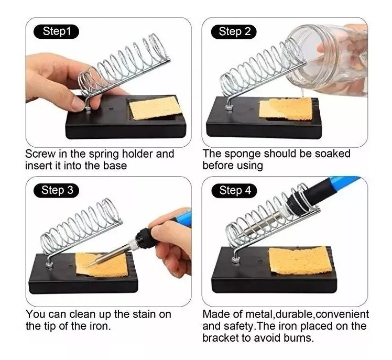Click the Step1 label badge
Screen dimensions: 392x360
[x=56, y=32]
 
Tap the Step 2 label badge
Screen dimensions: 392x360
[x=234, y=32]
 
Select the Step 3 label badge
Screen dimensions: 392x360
[x=56, y=191]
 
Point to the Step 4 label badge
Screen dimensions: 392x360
[x=234, y=191]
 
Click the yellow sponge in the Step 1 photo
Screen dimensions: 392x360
[x=156, y=108]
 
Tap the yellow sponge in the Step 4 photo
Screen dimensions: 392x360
[x=300, y=260]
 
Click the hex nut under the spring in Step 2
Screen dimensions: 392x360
[x=228, y=108]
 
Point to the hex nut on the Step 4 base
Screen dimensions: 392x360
[x=235, y=259]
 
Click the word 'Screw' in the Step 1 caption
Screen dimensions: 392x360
[x=40, y=154]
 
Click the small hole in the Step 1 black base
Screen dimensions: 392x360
[x=111, y=109]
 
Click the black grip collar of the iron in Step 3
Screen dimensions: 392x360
[x=142, y=239]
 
